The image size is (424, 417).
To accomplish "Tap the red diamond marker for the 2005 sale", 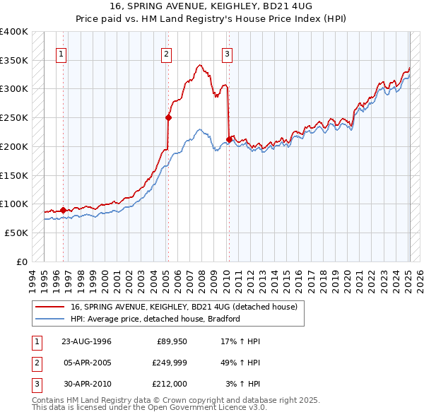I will [x=169, y=117].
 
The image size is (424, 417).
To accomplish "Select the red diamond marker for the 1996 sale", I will [x=63, y=210].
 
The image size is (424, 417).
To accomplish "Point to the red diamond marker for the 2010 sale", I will [x=229, y=139].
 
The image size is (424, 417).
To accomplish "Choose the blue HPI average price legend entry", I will [x=155, y=319].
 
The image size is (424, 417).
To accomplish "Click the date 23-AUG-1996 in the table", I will [x=86, y=341].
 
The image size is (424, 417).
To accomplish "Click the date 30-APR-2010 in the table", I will [x=86, y=384].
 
